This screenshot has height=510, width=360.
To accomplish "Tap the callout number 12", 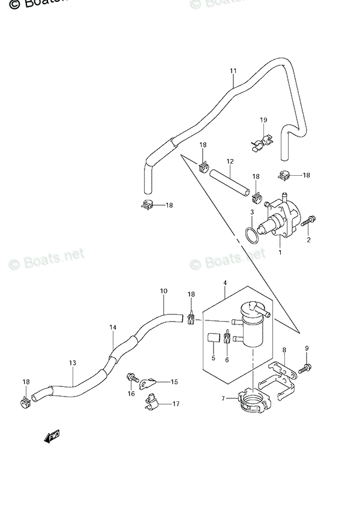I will click(x=229, y=161).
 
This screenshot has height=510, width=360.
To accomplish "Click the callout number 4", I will click(x=224, y=283).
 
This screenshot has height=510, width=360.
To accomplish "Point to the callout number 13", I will click(x=73, y=363).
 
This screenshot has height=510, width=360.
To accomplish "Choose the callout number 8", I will click(x=284, y=350).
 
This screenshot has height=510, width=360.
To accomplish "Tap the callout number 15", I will click(x=174, y=382).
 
